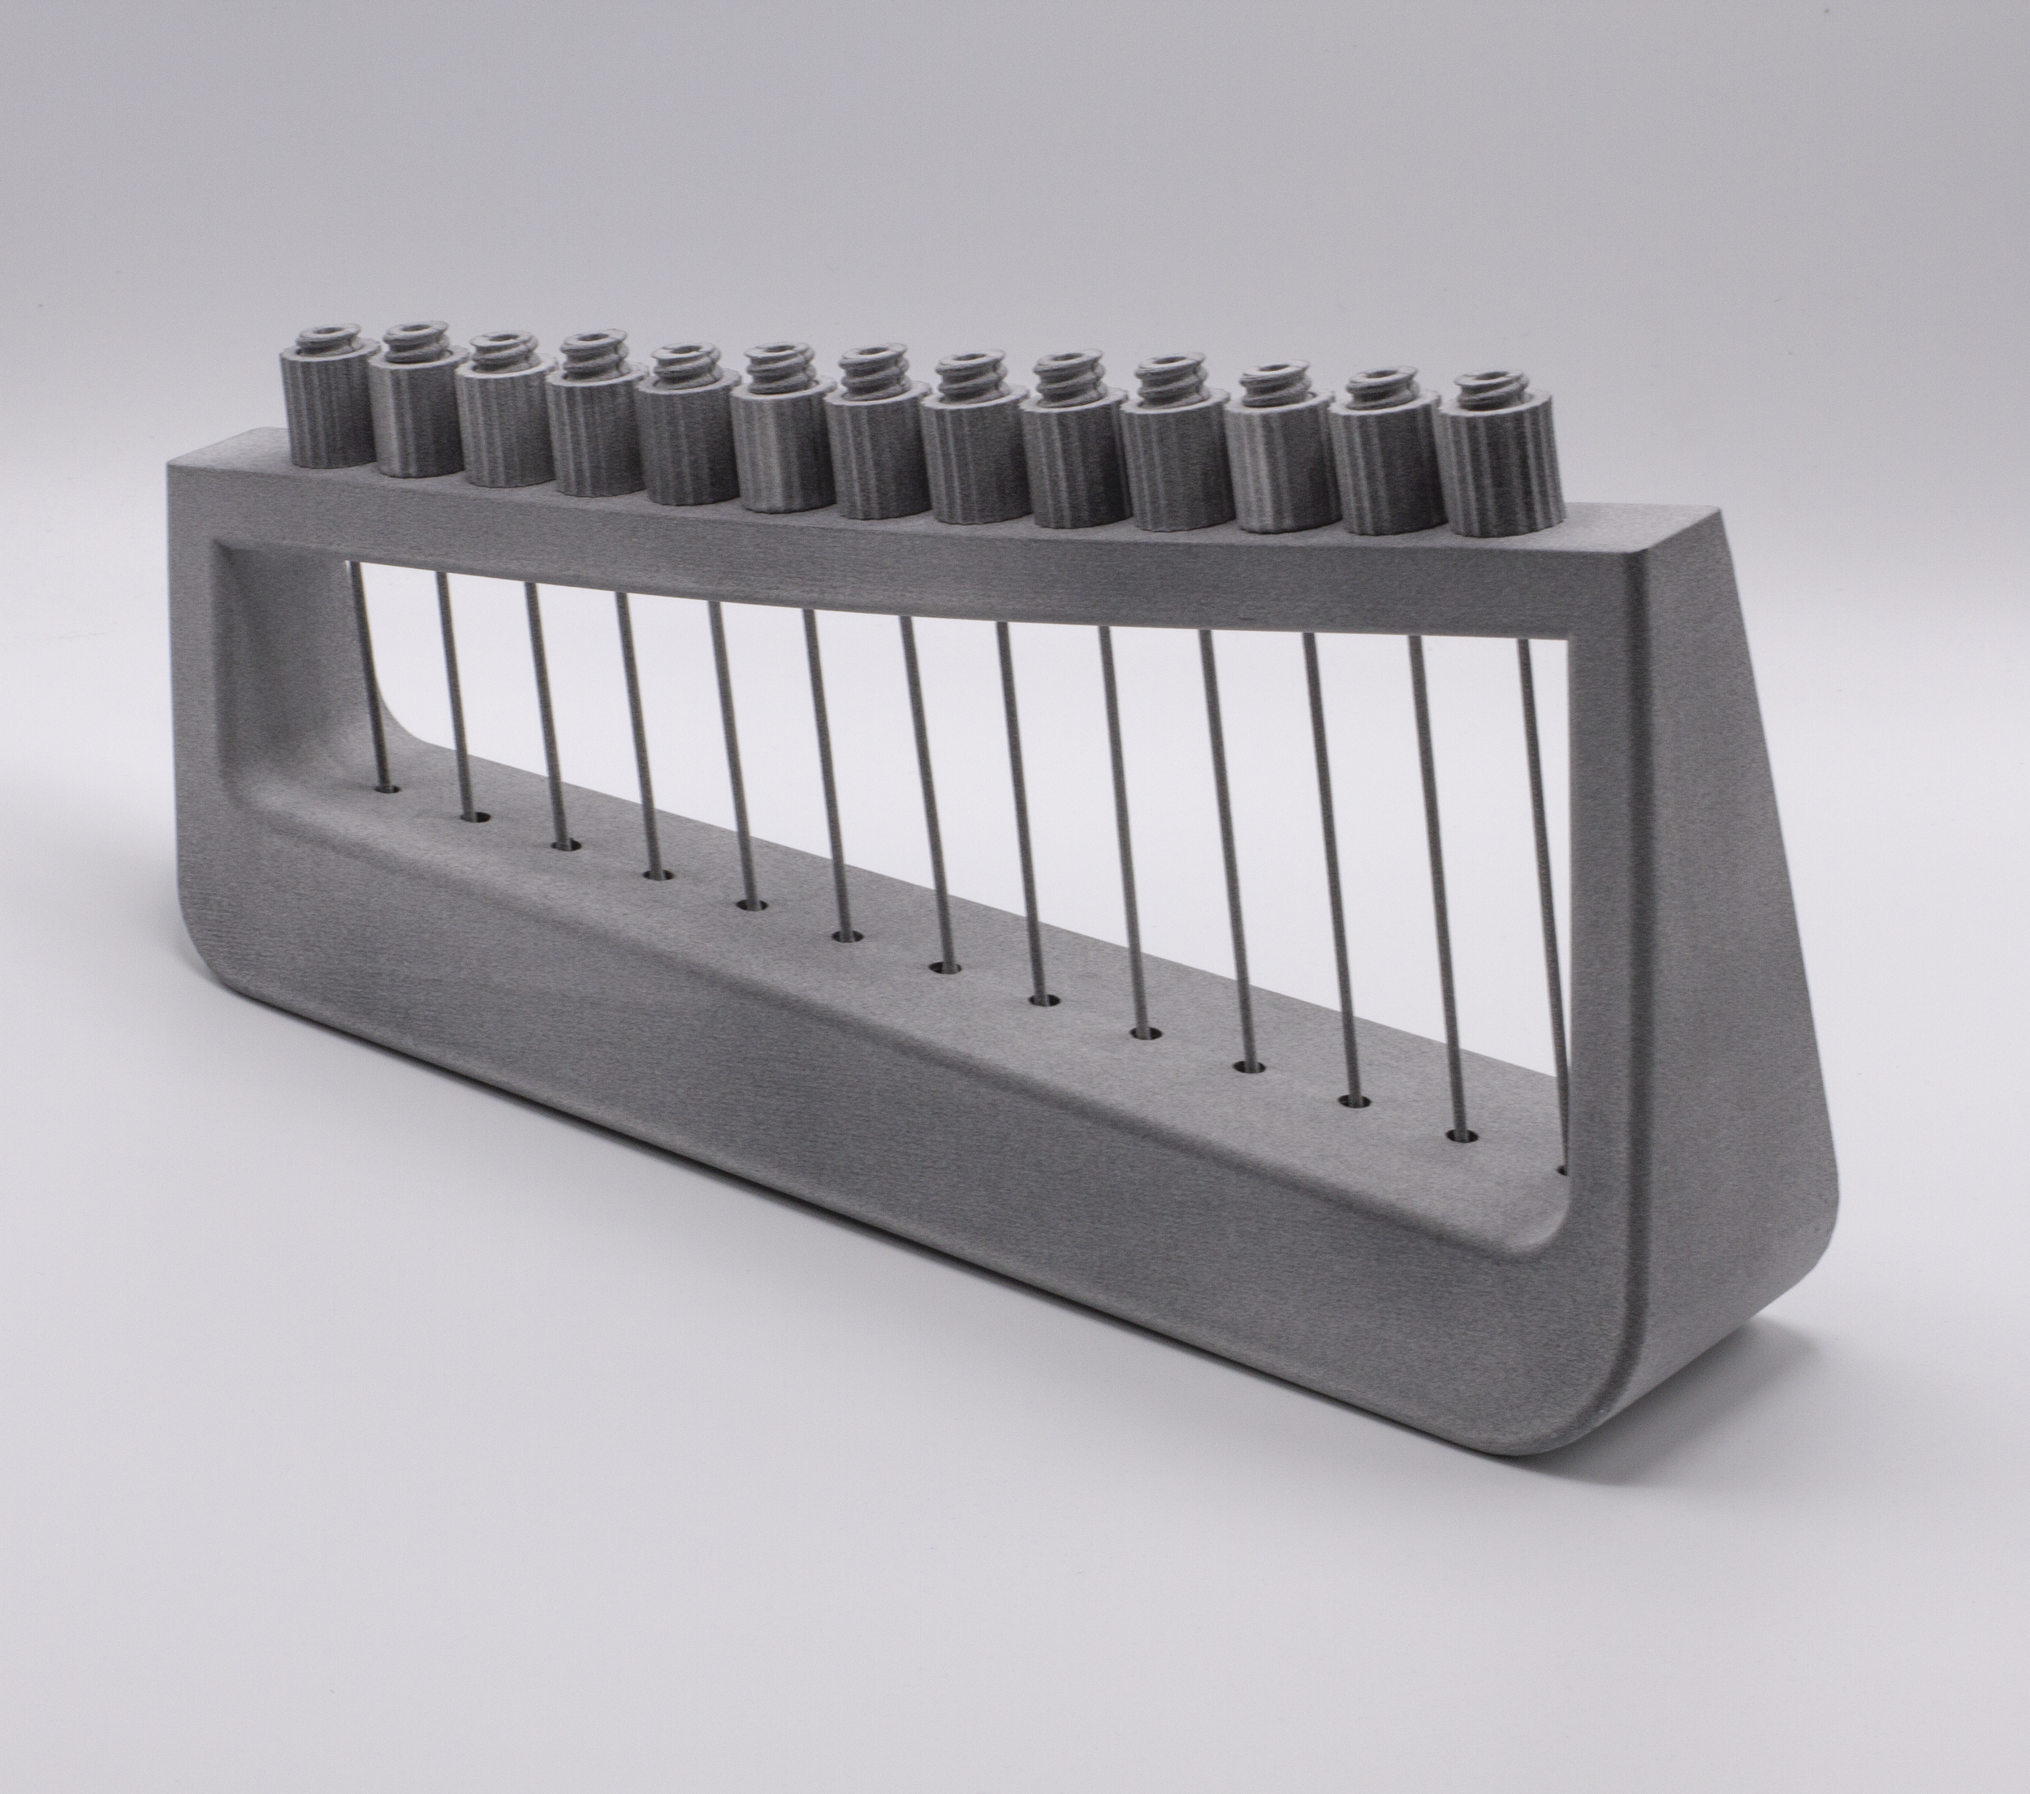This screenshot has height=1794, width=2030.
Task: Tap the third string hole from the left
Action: (x=567, y=846)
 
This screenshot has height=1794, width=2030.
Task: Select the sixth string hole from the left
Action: (x=847, y=935)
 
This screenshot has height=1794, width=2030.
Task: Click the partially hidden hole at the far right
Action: (x=1563, y=1171)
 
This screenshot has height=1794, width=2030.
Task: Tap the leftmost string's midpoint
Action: (x=365, y=675)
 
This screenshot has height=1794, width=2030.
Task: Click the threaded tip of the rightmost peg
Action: (x=1487, y=391)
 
